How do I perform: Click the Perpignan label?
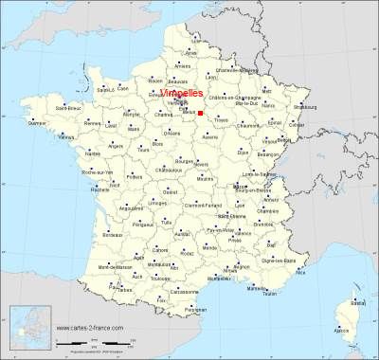pyautogui.click(x=194, y=310)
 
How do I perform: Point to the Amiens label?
pyautogui.click(x=182, y=66)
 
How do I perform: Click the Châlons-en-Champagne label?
pyautogui.click(x=242, y=99)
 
